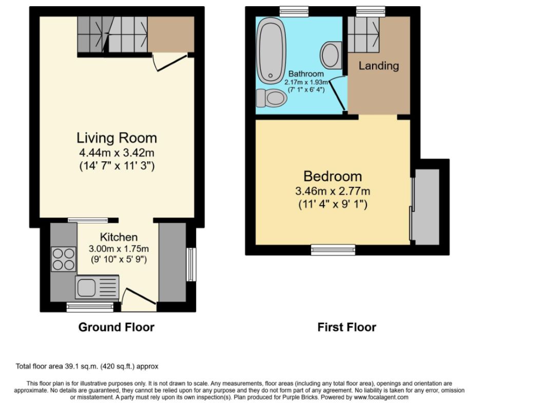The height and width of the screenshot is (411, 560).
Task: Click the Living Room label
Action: click(117, 138)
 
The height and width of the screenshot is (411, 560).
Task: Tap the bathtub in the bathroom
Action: click(272, 50)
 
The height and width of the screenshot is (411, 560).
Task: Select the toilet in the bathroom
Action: click(272, 98)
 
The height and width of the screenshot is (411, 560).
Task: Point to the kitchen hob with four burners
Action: click(64, 259)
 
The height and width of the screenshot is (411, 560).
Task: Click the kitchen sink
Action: click(97, 287)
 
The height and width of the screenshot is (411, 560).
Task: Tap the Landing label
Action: click(379, 66)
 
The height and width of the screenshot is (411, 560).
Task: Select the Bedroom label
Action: click(333, 176)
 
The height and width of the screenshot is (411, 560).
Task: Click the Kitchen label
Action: click(119, 237)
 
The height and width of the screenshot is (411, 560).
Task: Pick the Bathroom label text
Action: click(306, 73)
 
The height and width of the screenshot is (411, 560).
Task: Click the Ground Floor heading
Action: click(117, 327)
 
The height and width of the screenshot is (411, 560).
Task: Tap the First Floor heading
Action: click(347, 327)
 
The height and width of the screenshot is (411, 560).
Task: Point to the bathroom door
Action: click(338, 95)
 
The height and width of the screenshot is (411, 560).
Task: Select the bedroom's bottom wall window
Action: click(333, 250)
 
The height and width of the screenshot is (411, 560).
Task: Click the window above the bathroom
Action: click(294, 11)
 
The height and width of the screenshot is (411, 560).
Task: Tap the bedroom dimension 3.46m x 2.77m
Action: click(333, 191)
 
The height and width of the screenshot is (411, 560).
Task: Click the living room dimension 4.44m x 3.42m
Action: click(117, 153)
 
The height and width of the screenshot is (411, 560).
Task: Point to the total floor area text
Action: click(87, 366)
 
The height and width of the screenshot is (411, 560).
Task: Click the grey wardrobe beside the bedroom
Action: click(427, 207)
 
